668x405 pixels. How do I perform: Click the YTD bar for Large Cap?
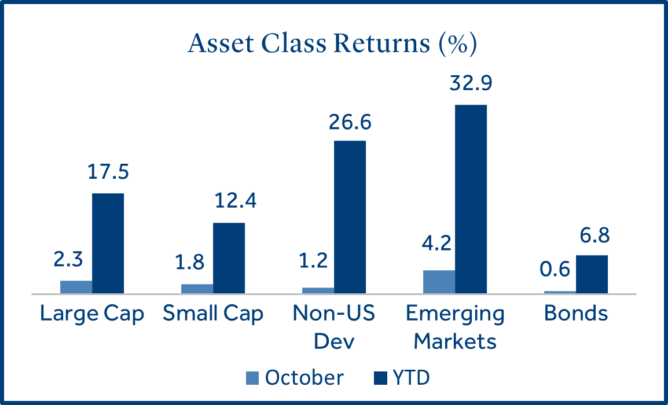point(108,243)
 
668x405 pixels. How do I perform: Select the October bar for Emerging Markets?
point(439,282)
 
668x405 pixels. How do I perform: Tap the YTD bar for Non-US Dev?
point(350,217)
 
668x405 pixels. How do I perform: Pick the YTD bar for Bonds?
point(592,274)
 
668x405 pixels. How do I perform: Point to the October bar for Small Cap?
point(197,289)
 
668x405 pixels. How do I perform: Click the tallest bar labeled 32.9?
point(471,199)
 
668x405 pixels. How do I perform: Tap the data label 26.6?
point(350,122)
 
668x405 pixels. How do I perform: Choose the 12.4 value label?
point(229,202)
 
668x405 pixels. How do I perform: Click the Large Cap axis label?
point(92,314)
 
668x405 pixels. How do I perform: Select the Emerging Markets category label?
point(455,327)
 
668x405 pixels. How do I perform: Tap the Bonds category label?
point(576,314)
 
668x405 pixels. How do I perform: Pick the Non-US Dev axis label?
point(334,327)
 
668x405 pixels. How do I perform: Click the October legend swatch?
point(253,378)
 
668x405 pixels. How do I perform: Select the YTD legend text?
point(412,378)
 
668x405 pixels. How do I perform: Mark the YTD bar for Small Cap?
point(229,258)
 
